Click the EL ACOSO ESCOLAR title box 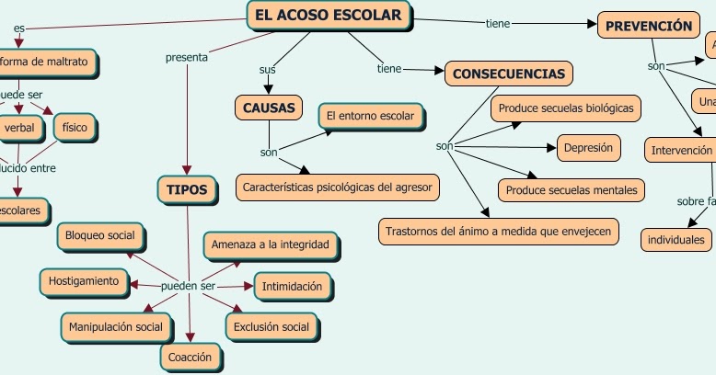pos(329,16)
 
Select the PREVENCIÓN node pos(648,26)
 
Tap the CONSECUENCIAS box pos(509,74)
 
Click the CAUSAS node pos(268,108)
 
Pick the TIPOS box pos(187,190)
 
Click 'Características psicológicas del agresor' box pos(338,187)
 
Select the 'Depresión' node pos(588,147)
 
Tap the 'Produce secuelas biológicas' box pos(565,108)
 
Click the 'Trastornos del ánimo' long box pos(498,231)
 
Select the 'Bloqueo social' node pos(99,236)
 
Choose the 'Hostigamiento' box pos(83,280)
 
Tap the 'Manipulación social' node pos(116,326)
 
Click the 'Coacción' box pos(191,356)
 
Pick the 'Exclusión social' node pos(271,326)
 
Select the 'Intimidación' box pos(292,287)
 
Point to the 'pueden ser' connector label pos(188,286)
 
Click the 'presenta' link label pos(186,58)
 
